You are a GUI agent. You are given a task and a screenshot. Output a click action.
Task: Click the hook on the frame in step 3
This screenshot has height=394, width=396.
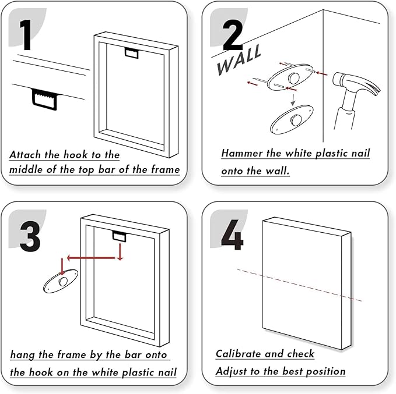[x=119, y=236]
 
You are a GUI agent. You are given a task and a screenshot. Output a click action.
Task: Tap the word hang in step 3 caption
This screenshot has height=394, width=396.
[x=23, y=354]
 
